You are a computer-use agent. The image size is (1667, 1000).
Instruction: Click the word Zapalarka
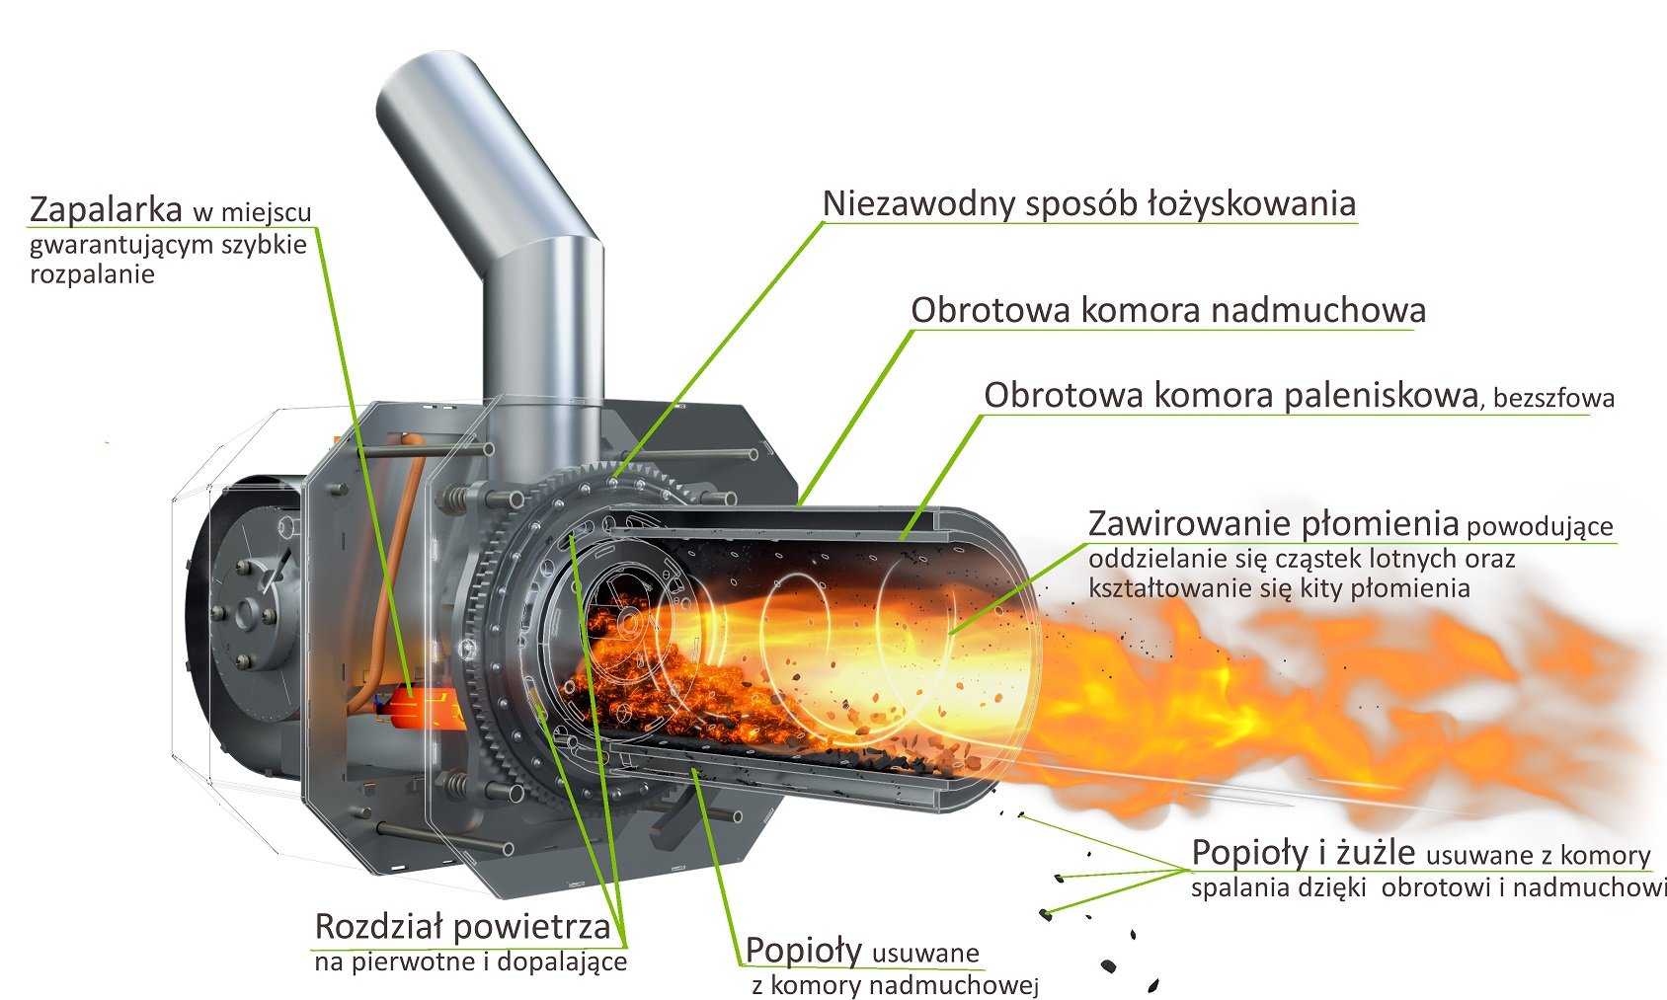[106, 210]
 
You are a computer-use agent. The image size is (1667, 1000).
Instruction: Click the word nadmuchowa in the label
[1318, 310]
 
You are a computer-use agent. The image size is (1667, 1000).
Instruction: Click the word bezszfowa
[1553, 398]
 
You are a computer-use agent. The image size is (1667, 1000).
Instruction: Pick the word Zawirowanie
[1188, 524]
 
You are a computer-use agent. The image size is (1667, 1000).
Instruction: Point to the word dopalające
[562, 962]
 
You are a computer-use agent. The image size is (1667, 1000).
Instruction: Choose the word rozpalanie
[92, 275]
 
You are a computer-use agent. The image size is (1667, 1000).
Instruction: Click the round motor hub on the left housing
[247, 615]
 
